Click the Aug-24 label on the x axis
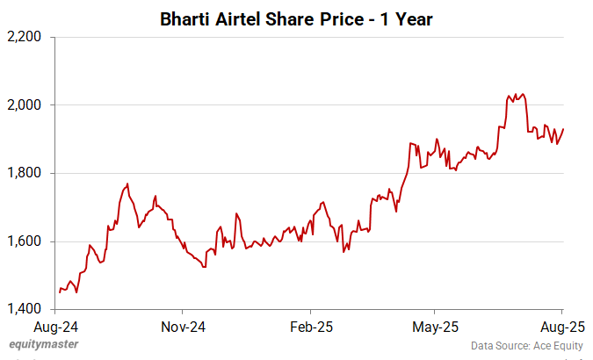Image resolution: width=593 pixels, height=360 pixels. pyautogui.click(x=55, y=328)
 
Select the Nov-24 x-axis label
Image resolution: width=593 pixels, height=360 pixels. pyautogui.click(x=183, y=328)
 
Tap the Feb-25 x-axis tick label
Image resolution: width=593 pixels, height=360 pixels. pyautogui.click(x=310, y=328)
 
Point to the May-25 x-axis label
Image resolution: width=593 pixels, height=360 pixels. pyautogui.click(x=436, y=328)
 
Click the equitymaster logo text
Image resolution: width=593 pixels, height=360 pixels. pyautogui.click(x=42, y=344)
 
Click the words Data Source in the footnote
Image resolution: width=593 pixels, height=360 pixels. pyautogui.click(x=496, y=345)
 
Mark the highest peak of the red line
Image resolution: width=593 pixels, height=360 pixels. pyautogui.click(x=524, y=94)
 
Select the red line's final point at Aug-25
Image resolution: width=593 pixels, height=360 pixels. pyautogui.click(x=563, y=129)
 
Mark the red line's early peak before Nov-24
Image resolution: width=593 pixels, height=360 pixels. pyautogui.click(x=128, y=184)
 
